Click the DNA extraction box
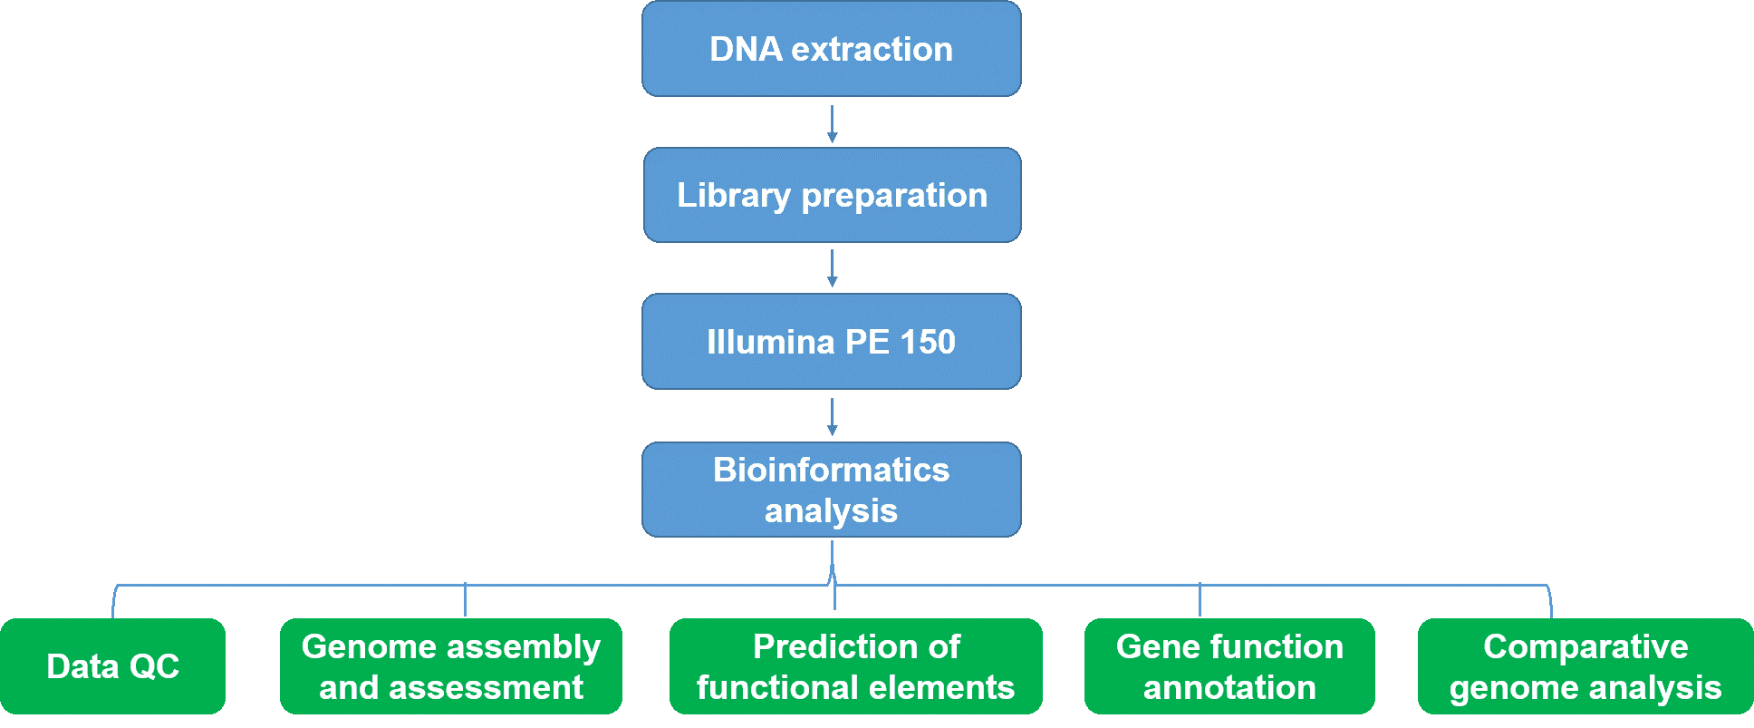pyautogui.click(x=832, y=49)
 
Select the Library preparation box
pyautogui.click(x=832, y=195)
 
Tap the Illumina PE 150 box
pyautogui.click(x=832, y=342)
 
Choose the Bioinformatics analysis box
pyautogui.click(x=832, y=490)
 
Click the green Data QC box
pyautogui.click(x=113, y=666)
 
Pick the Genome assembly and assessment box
pyautogui.click(x=451, y=666)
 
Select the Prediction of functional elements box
pyautogui.click(x=856, y=666)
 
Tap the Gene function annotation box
pyautogui.click(x=1229, y=666)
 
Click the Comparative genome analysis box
pyautogui.click(x=1585, y=666)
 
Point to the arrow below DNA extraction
pyautogui.click(x=832, y=124)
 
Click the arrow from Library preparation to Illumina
pyautogui.click(x=832, y=269)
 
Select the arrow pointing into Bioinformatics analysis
pyautogui.click(x=832, y=417)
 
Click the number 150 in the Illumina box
pyautogui.click(x=928, y=342)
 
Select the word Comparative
pyautogui.click(x=1585, y=647)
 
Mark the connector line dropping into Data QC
pyautogui.click(x=114, y=601)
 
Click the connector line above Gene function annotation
pyautogui.click(x=1200, y=600)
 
